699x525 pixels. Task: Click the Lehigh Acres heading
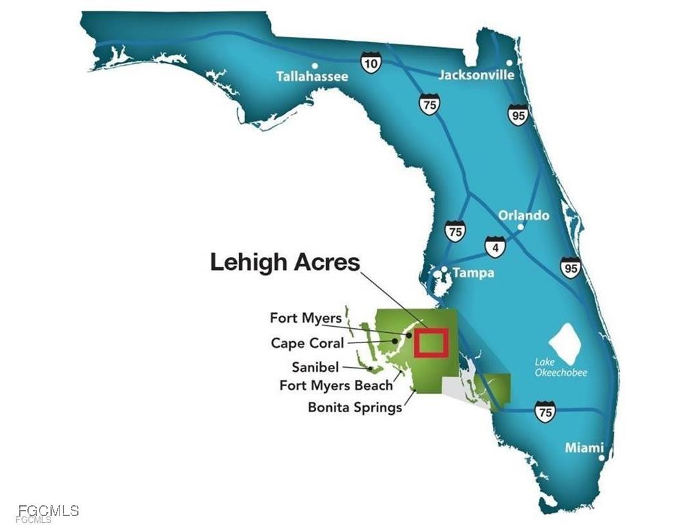pos(285,262)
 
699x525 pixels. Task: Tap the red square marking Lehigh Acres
pos(431,342)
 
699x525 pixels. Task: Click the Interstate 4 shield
pos(496,247)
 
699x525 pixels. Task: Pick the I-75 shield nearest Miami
pos(545,412)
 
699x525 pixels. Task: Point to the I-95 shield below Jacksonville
pos(518,115)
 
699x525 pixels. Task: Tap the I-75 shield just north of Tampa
pos(455,231)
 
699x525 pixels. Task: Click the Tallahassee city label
pos(312,77)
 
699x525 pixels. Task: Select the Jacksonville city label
pos(476,75)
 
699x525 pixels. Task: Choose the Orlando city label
pos(524,215)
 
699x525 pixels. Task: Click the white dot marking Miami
pos(601,457)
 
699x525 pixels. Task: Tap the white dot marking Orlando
pos(521,227)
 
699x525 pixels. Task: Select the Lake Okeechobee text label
pos(560,368)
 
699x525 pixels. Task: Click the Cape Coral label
pos(307,343)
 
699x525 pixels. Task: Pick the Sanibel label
pos(315,367)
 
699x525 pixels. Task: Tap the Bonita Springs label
pos(354,407)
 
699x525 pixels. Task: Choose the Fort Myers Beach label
pos(336,386)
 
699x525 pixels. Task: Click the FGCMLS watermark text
pos(48,511)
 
